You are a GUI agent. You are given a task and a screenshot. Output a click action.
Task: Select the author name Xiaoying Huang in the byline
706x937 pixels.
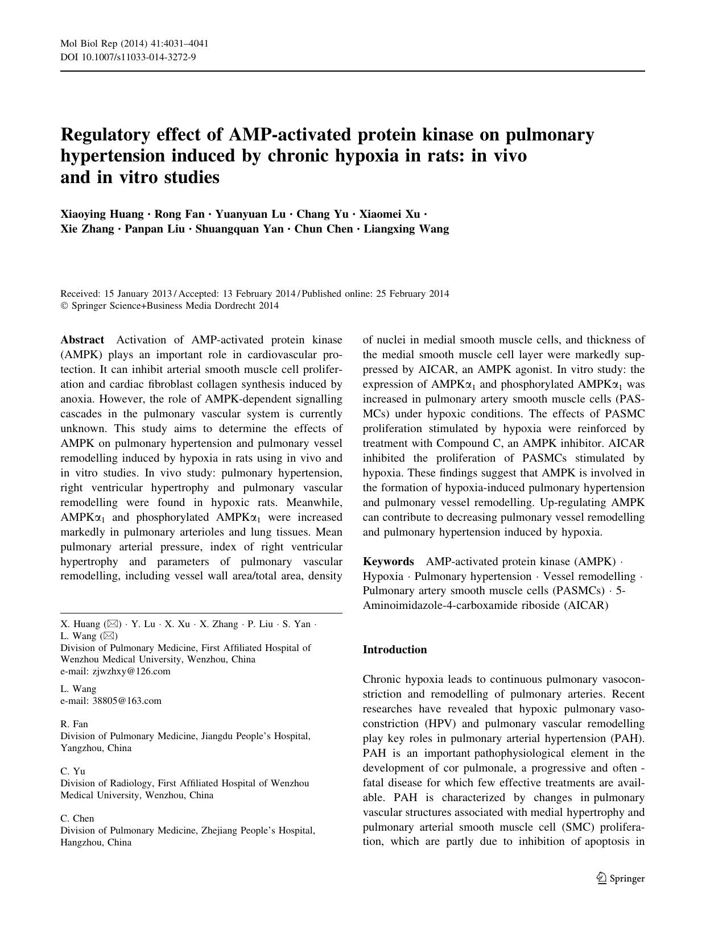pyautogui.click(x=102, y=214)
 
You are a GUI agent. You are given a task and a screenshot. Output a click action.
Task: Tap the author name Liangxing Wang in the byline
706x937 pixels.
pyautogui.click(x=406, y=229)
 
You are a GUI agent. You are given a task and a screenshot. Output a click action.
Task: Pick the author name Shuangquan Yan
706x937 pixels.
pyautogui.click(x=239, y=229)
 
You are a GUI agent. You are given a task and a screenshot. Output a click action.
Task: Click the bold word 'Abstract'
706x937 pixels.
pyautogui.click(x=82, y=340)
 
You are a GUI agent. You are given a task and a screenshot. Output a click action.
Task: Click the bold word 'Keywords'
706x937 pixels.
pyautogui.click(x=388, y=562)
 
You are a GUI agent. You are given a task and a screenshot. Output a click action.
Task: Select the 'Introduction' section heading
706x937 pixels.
pyautogui.click(x=395, y=649)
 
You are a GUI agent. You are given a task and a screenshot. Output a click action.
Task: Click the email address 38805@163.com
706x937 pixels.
pyautogui.click(x=126, y=700)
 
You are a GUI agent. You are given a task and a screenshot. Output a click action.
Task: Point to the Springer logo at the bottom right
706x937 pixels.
pyautogui.click(x=620, y=878)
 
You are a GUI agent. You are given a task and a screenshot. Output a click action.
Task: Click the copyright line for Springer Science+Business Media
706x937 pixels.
pyautogui.click(x=170, y=306)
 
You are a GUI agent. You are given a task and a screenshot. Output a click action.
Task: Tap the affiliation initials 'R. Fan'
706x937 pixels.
pyautogui.click(x=74, y=724)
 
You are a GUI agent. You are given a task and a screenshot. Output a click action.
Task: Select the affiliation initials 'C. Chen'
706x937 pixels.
pyautogui.click(x=77, y=818)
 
